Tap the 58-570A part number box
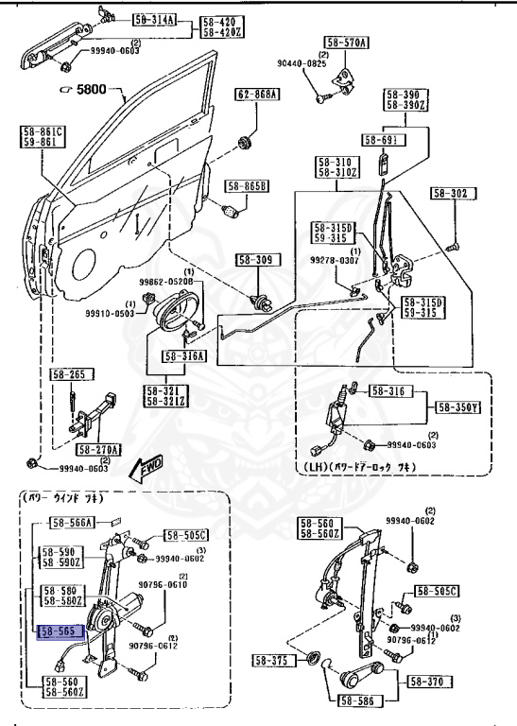pyautogui.click(x=347, y=43)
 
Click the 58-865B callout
pyautogui.click(x=246, y=186)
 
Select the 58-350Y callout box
pyautogui.click(x=460, y=407)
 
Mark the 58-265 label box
pyautogui.click(x=67, y=375)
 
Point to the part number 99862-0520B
pyautogui.click(x=166, y=282)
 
